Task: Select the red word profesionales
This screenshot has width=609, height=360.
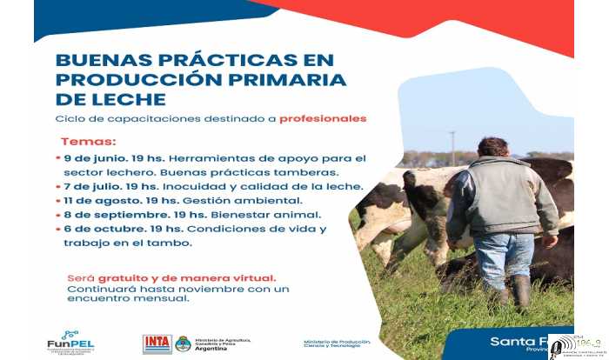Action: (323, 118)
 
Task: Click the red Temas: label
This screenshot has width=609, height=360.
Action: (88, 141)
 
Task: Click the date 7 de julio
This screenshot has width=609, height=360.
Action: (94, 186)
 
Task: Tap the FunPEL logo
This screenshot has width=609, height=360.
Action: (70, 341)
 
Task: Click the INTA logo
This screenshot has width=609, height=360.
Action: (157, 343)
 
